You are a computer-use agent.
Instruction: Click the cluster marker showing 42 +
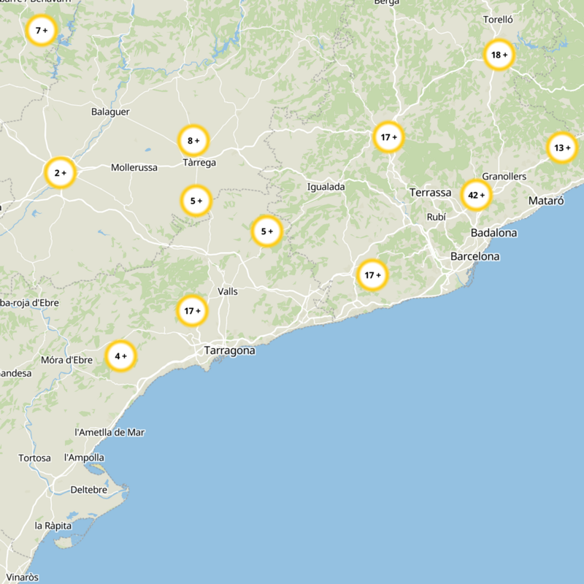pos(476,195)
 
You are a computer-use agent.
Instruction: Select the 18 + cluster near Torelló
pos(499,55)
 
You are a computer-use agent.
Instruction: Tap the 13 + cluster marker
pos(561,148)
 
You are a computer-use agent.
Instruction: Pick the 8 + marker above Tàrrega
pos(193,140)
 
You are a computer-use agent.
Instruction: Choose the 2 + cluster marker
pos(60,173)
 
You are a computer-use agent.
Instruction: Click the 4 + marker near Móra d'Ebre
pos(120,356)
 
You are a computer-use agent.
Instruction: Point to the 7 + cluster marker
pos(41,31)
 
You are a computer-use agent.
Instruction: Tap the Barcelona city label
pos(474,256)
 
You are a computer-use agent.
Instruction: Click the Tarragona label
pos(229,350)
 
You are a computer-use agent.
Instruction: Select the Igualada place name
pos(326,187)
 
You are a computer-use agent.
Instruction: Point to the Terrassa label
pos(430,193)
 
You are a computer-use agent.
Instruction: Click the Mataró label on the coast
pos(546,200)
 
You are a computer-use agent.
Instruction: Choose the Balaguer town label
pos(110,112)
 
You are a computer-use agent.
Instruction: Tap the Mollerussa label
pos(134,167)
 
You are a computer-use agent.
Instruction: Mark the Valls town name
pos(228,291)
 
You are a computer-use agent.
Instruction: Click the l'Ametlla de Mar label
pos(109,432)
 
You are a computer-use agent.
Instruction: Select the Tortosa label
pos(34,458)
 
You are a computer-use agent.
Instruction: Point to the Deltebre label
pos(88,490)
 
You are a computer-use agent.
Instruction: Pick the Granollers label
pos(504,177)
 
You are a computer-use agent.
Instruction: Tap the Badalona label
pos(493,233)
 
